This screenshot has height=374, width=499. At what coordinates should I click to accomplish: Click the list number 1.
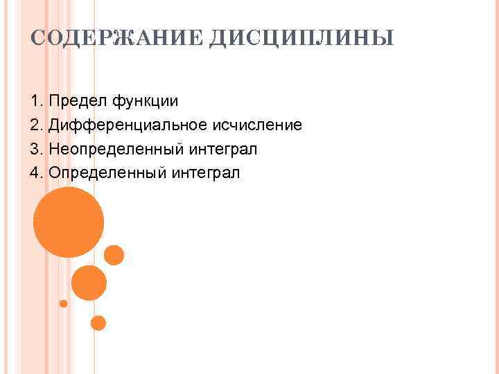tap(35, 101)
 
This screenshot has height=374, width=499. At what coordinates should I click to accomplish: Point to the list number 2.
tap(35, 125)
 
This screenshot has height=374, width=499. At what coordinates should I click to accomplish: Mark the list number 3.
tap(35, 149)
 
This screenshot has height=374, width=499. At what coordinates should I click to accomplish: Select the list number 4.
tap(35, 172)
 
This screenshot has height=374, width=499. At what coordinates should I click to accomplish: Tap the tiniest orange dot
tap(63, 303)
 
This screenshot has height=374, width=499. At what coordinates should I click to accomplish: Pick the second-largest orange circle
tap(89, 283)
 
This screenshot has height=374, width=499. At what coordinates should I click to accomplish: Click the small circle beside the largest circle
tap(114, 256)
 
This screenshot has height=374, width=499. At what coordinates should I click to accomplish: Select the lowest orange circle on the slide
tap(98, 323)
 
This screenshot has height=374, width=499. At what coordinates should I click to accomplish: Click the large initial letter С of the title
tap(37, 37)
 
